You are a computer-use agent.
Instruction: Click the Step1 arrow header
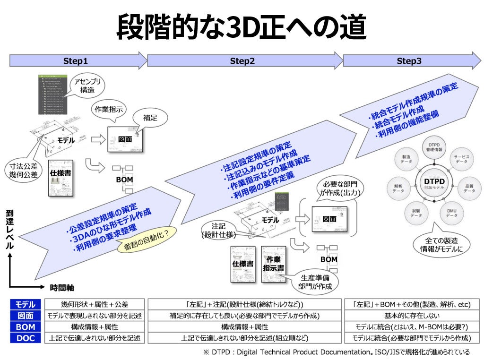tap(76, 61)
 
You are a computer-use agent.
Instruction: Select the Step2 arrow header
tap(242, 61)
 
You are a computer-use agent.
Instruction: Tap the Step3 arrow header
tap(409, 61)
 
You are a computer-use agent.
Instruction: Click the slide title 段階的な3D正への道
tap(242, 28)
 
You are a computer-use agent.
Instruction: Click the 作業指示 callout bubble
tap(109, 110)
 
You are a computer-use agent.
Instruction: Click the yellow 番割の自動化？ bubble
tap(147, 240)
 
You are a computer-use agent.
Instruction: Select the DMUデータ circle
tap(451, 212)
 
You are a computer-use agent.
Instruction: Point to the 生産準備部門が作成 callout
tap(314, 282)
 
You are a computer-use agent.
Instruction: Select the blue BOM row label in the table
tap(26, 327)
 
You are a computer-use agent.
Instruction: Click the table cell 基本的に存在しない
tap(412, 316)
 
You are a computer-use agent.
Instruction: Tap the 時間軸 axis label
tap(62, 287)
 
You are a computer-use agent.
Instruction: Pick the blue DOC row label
tap(26, 338)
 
